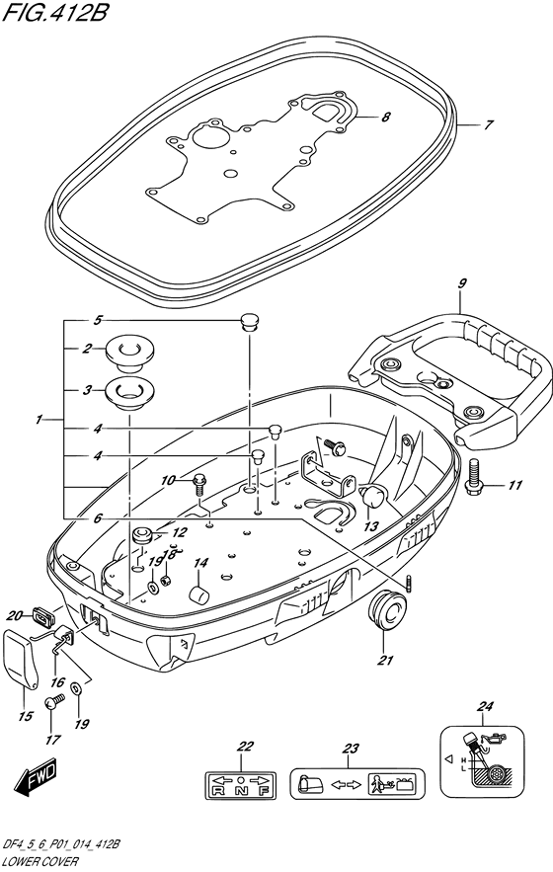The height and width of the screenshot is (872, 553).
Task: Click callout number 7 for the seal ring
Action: coord(487,125)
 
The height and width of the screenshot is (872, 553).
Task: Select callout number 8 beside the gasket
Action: coord(385,117)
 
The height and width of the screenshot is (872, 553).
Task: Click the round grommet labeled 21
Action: coord(388,609)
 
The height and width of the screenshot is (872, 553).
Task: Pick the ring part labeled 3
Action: coord(126,392)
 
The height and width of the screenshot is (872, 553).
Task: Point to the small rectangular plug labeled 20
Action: coord(42,617)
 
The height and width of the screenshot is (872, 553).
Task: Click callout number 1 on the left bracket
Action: coord(39,421)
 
